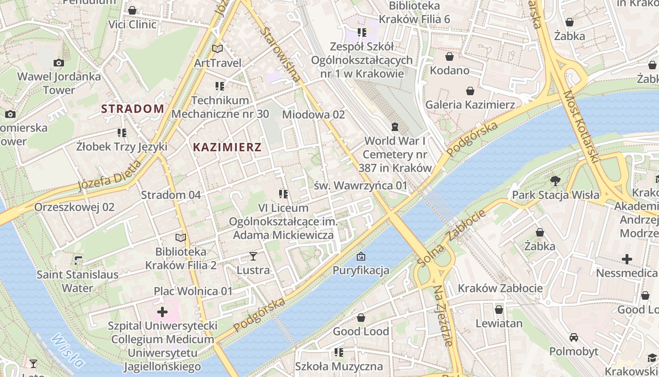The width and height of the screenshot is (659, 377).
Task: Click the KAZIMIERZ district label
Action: click(x=227, y=147)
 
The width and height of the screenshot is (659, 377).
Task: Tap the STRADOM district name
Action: click(x=133, y=109)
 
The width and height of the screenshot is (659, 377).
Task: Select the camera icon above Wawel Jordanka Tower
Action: click(x=59, y=63)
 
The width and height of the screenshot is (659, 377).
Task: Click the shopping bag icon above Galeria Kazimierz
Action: click(x=470, y=90)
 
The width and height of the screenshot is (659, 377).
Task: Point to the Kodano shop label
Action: click(x=450, y=71)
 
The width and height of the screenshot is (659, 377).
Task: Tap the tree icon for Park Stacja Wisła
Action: click(x=555, y=180)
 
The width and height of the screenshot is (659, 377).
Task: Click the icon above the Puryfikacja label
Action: click(x=361, y=256)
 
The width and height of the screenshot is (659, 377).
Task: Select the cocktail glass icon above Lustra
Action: click(x=253, y=256)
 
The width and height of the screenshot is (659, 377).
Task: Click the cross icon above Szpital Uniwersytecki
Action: click(x=162, y=311)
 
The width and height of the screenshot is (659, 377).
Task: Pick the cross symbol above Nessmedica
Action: click(x=627, y=259)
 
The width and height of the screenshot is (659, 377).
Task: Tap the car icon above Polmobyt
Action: click(x=574, y=337)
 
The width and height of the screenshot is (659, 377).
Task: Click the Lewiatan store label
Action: click(x=499, y=323)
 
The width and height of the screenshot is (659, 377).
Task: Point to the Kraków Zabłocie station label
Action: click(x=500, y=288)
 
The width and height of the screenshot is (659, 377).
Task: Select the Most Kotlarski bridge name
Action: click(x=580, y=127)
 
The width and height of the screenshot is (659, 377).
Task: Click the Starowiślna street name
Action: click(x=280, y=55)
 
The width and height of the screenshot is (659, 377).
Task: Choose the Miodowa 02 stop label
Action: click(x=313, y=115)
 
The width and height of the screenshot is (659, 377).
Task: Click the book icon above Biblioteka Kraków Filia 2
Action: click(x=181, y=238)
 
